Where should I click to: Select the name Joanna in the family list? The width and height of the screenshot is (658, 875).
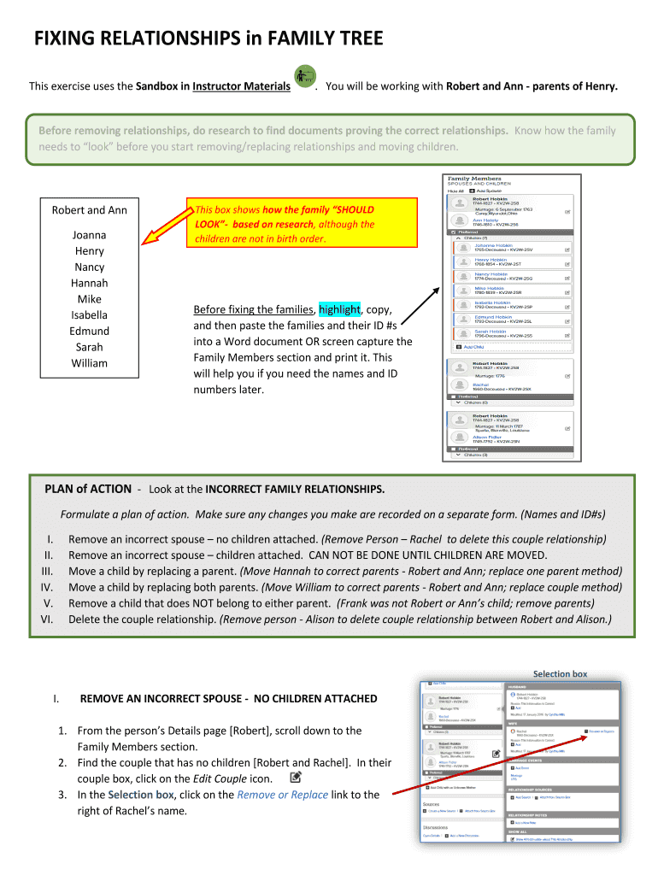(x=89, y=235)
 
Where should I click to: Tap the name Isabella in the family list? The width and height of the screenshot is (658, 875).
(x=89, y=315)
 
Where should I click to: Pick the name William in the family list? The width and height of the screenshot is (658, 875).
(x=89, y=363)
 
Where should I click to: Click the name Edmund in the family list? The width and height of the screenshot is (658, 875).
(x=89, y=331)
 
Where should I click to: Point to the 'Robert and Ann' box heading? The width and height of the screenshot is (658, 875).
(x=89, y=210)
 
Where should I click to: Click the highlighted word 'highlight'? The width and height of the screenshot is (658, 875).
(x=340, y=309)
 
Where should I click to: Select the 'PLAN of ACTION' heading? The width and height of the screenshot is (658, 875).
(x=87, y=490)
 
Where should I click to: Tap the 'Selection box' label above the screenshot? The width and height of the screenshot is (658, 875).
(x=560, y=674)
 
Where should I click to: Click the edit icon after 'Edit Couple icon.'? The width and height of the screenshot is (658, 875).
(x=296, y=778)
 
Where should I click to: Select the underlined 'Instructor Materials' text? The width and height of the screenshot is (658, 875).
(x=241, y=86)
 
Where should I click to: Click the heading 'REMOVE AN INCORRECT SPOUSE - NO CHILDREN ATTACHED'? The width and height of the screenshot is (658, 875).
(x=228, y=699)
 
